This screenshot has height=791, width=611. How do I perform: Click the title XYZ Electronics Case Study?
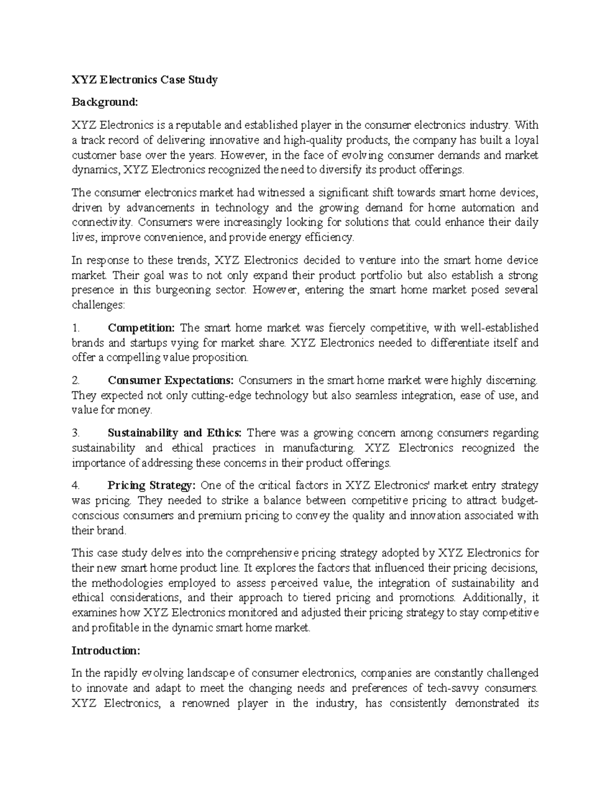coord(145,80)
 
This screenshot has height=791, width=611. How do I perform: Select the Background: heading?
coord(104,102)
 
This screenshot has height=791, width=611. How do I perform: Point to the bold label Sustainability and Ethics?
coord(175,433)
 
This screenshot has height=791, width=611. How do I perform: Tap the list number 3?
coord(76,433)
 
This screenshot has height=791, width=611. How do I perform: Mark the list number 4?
coord(76,485)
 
